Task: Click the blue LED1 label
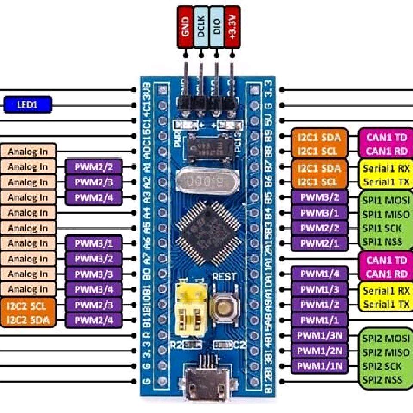[28, 105]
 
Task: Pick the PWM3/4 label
[94, 289]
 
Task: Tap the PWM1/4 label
[319, 274]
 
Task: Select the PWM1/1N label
[319, 367]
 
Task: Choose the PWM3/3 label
[94, 274]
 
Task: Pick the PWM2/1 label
[319, 243]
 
